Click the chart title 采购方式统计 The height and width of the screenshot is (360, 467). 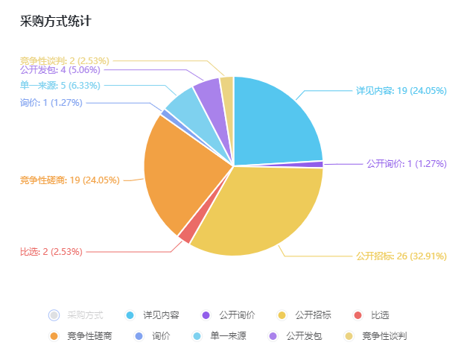56,22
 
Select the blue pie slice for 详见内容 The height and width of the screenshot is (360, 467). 276,123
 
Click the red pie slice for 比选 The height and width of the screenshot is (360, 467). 186,235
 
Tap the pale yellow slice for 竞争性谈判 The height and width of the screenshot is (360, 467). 227,86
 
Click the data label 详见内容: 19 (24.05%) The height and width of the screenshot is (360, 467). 401,91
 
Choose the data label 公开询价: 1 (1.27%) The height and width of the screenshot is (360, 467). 406,164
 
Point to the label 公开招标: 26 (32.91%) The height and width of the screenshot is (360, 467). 401,256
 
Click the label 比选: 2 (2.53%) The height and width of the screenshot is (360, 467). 51,252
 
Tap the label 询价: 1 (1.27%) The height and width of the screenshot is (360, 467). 51,102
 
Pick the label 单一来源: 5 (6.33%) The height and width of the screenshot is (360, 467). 60,86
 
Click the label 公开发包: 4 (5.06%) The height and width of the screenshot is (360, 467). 60,70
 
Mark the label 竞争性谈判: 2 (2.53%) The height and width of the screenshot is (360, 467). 65,60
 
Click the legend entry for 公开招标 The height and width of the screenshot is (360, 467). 306,315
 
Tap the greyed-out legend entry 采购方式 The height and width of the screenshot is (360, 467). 77,315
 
